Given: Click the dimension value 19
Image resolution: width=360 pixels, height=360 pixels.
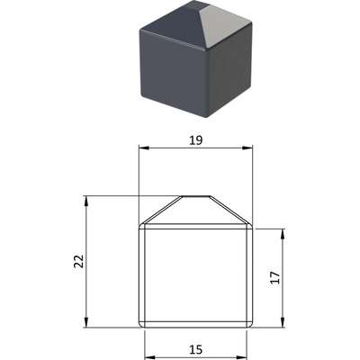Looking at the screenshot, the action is click(195, 140).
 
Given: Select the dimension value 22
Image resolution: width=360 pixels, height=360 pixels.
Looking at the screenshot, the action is click(79, 261).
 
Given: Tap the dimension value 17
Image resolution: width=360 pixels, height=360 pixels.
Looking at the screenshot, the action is click(275, 277).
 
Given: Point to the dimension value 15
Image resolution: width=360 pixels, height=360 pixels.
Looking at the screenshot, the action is click(195, 349).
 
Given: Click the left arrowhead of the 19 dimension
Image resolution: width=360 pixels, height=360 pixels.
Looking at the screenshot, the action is click(144, 148).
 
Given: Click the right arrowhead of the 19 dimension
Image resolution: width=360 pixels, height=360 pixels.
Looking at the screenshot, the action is click(247, 148).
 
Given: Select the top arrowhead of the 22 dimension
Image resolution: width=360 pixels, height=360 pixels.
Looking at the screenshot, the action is click(86, 201).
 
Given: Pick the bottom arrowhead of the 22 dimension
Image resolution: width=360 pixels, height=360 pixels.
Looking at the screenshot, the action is click(86, 322).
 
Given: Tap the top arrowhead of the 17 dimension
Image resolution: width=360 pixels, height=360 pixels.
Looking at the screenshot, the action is click(283, 234).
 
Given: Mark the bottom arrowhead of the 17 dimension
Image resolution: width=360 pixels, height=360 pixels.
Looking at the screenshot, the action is click(283, 322).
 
